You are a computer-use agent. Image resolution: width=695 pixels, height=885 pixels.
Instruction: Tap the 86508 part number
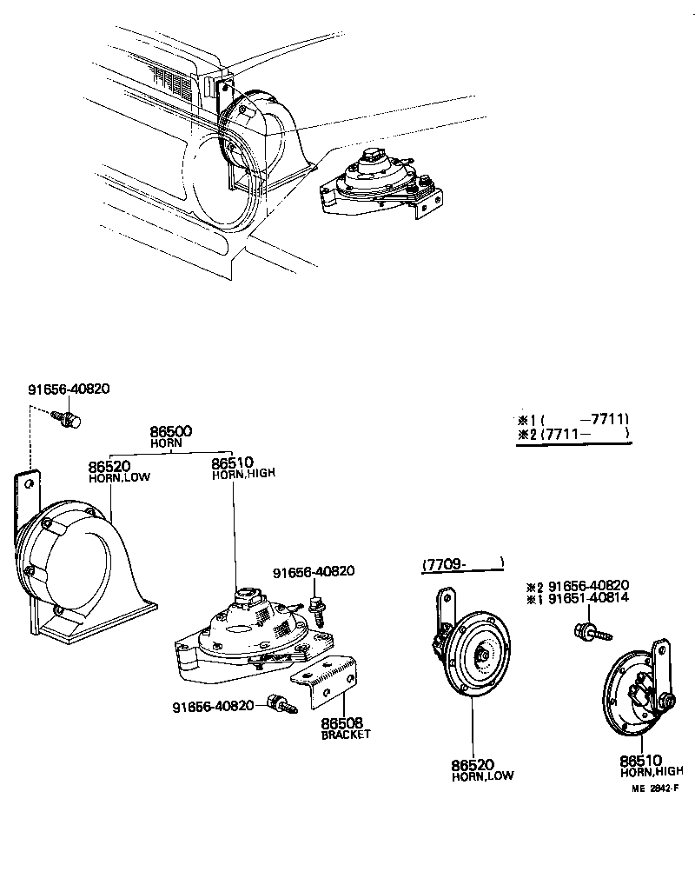tap(342, 722)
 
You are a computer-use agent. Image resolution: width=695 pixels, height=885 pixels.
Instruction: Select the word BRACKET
tap(346, 735)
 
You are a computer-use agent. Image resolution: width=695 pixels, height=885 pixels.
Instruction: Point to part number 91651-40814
tap(588, 598)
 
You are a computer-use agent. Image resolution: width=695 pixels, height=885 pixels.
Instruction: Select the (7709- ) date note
tap(462, 564)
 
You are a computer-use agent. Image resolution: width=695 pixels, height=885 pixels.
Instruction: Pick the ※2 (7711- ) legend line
tap(573, 433)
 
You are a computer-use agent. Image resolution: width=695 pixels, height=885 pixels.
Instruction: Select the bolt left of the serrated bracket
tap(282, 703)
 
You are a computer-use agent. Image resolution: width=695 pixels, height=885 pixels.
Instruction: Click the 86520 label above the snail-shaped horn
tap(109, 467)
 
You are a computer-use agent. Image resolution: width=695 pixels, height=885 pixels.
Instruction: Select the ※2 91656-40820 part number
tap(588, 585)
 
